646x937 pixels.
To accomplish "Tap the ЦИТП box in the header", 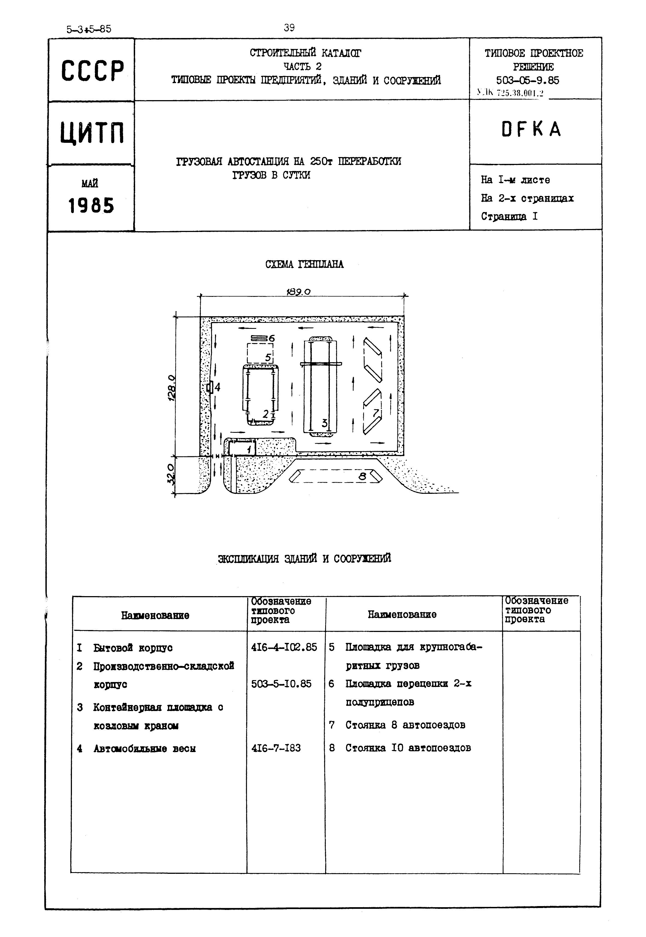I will (x=92, y=133).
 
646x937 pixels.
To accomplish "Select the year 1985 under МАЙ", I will (x=91, y=206).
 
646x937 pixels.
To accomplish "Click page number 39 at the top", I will (x=289, y=28).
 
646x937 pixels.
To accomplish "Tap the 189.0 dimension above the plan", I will (x=299, y=292).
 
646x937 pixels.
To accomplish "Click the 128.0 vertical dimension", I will (x=171, y=387).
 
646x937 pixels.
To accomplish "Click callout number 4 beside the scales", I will (x=217, y=387).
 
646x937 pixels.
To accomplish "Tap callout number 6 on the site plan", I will (x=271, y=338).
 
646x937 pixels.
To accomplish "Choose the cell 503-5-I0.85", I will (x=281, y=684).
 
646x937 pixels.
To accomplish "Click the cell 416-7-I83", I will (x=276, y=748).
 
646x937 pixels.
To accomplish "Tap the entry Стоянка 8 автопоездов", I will (x=405, y=725).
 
